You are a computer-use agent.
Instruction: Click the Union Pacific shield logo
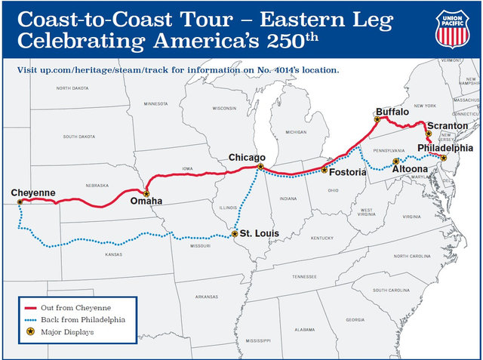click(x=453, y=28)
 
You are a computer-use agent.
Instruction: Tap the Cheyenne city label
click(x=33, y=194)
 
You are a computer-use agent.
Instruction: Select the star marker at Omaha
click(x=146, y=194)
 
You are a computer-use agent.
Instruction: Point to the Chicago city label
click(x=247, y=157)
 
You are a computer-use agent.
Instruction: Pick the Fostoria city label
click(x=348, y=173)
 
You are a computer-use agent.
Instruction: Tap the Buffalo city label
click(x=392, y=112)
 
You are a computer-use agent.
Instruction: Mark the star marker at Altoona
click(x=396, y=162)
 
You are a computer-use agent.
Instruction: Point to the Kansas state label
click(x=113, y=254)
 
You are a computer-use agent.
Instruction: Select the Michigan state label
click(x=296, y=132)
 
